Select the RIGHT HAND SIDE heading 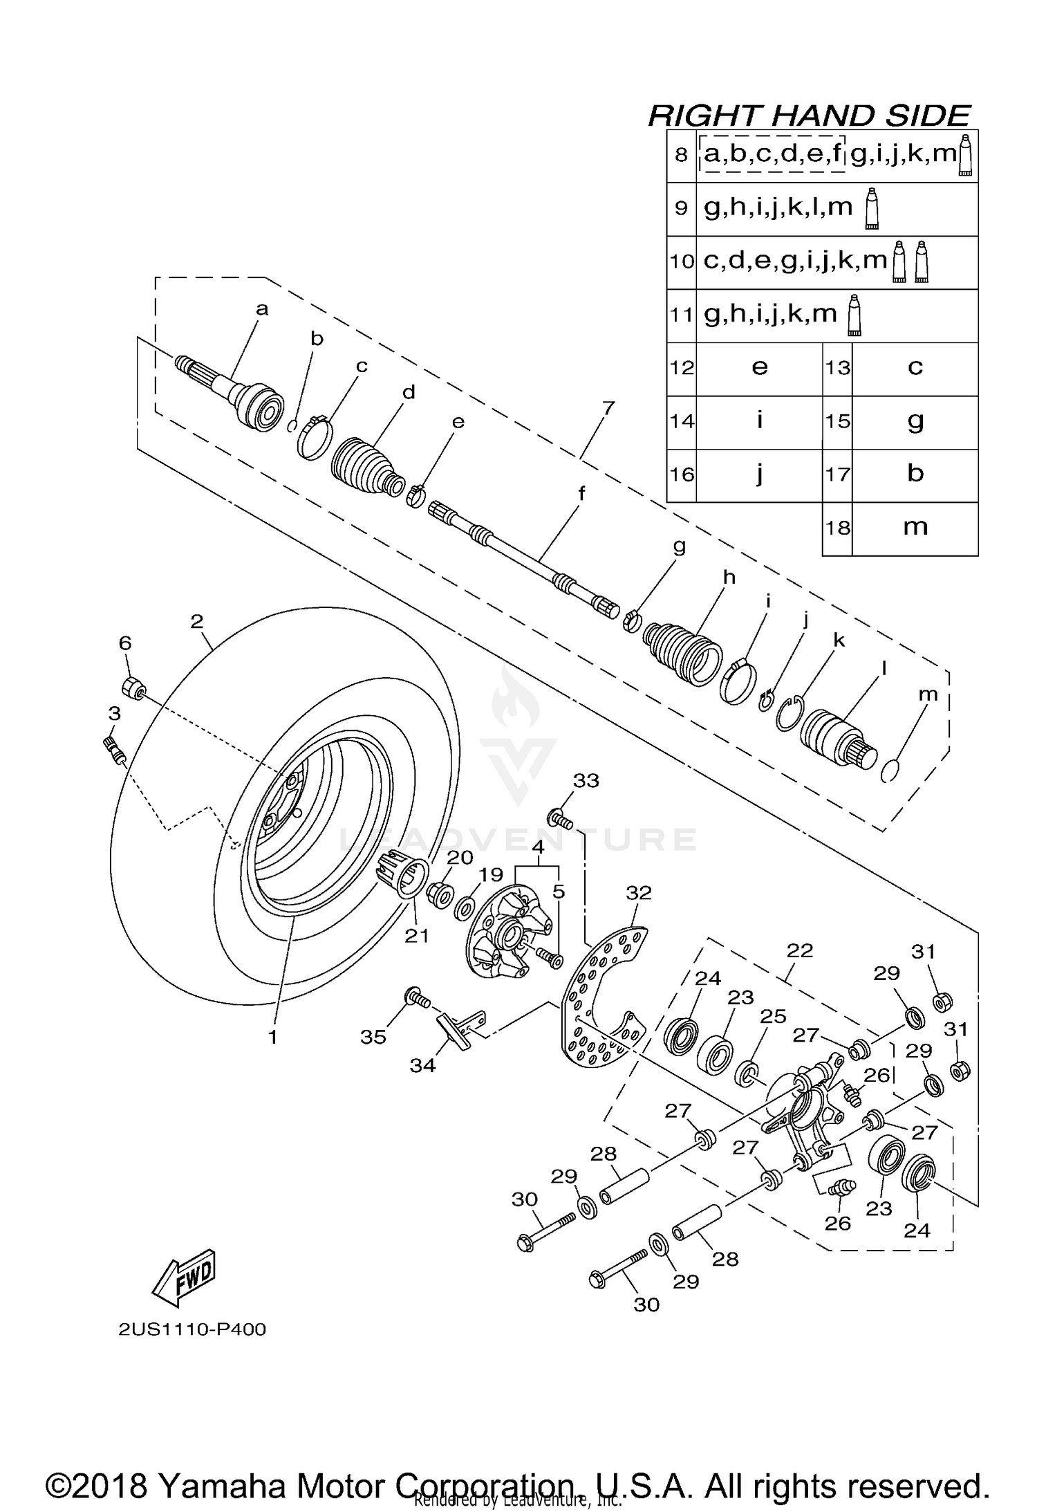(809, 115)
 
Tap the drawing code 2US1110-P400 (192, 1329)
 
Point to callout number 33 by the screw (586, 780)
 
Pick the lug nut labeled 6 (133, 689)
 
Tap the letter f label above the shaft (581, 494)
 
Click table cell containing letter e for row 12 (759, 368)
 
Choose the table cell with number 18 (837, 528)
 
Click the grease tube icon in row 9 (872, 208)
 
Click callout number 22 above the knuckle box (799, 950)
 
